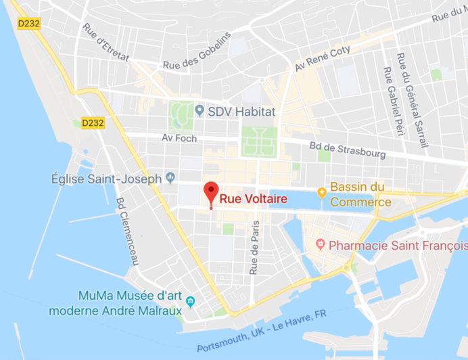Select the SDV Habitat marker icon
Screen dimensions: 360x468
tap(199, 110)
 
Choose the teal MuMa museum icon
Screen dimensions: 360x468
tap(191, 302)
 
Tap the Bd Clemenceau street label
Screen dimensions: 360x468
tap(126, 231)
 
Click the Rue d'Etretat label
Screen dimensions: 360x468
tap(106, 42)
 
